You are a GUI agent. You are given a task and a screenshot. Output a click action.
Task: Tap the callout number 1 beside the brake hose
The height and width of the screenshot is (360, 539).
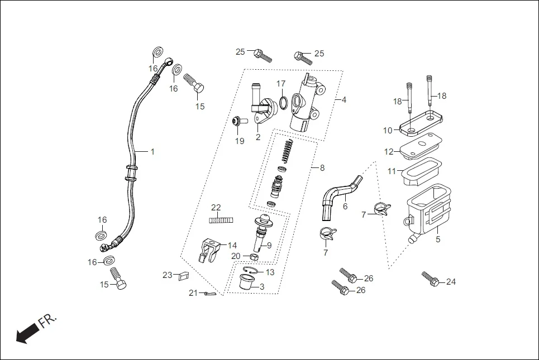(x=152, y=151)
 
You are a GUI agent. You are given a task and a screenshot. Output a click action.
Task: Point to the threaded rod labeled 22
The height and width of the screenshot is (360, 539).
(x=220, y=220)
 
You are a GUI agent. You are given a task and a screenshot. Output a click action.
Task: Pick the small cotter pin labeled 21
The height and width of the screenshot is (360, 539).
(x=209, y=294)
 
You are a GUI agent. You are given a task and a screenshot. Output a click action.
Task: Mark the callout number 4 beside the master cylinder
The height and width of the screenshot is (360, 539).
(x=344, y=100)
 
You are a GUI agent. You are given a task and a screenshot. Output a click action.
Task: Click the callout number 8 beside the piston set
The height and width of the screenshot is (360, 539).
(x=322, y=167)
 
